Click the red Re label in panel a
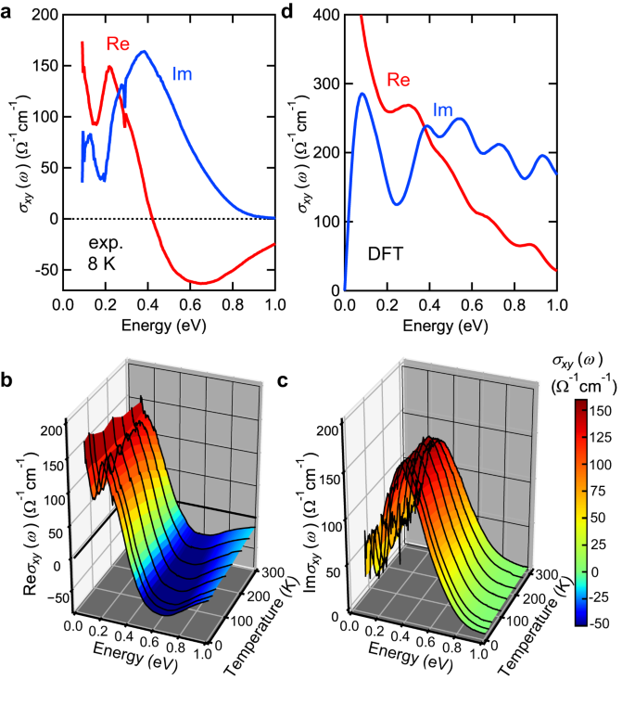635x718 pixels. [118, 43]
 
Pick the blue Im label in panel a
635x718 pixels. [181, 73]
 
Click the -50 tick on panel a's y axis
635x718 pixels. [44, 270]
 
